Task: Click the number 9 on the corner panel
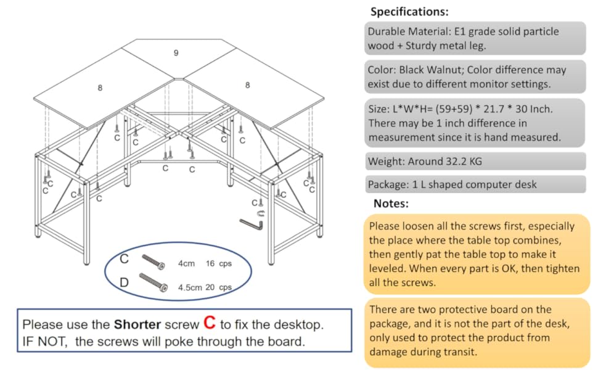click(x=176, y=53)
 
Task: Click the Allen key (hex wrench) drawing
click(x=252, y=223)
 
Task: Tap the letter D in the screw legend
click(x=125, y=282)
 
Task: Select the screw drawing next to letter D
click(x=154, y=282)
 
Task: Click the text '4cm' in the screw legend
click(x=186, y=263)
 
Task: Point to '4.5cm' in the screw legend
click(x=190, y=287)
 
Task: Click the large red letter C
click(x=210, y=323)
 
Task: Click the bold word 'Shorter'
click(x=137, y=324)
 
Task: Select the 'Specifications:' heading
click(x=409, y=12)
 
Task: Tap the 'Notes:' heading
click(x=391, y=203)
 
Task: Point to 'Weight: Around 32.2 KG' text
click(x=425, y=162)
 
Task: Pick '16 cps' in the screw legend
click(x=218, y=263)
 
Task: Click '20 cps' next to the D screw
click(x=218, y=287)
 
